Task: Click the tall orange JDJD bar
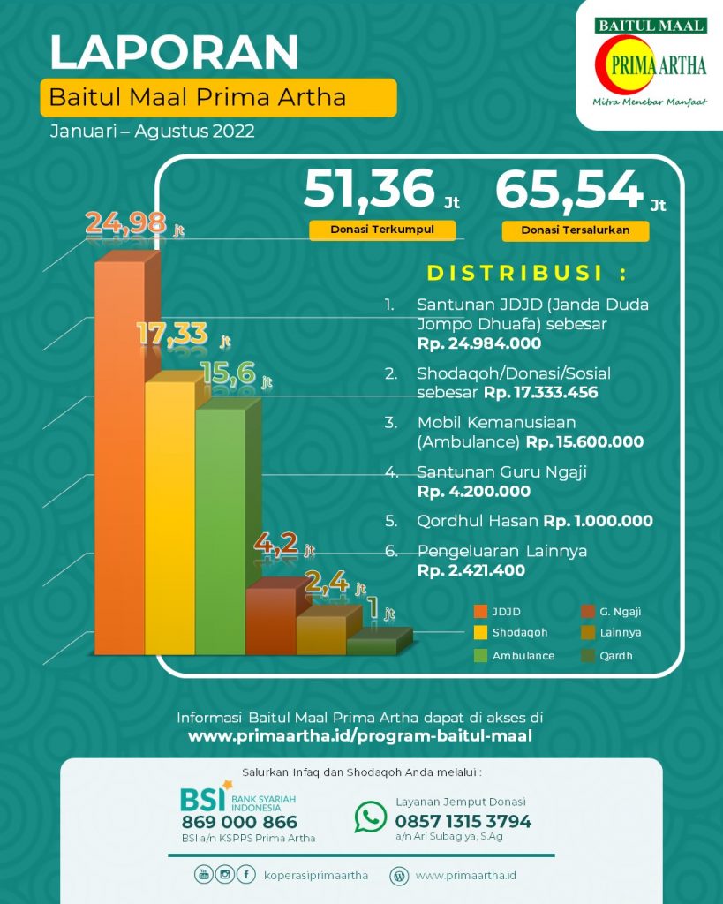tap(119, 455)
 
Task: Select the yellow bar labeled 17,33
tap(169, 516)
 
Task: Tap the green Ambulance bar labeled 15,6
tap(220, 530)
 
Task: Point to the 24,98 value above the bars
tap(125, 222)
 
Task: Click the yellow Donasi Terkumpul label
tap(382, 230)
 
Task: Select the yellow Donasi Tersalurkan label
tap(575, 231)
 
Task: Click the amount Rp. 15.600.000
tap(584, 441)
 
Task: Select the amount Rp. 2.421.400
tap(471, 570)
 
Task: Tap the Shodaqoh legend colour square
tap(481, 632)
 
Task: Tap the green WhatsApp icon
tap(371, 817)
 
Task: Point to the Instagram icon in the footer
tap(225, 875)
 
